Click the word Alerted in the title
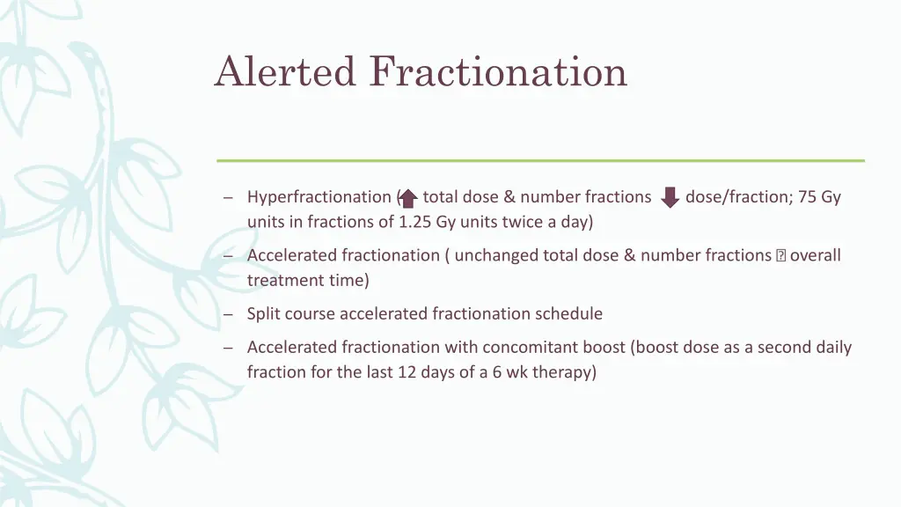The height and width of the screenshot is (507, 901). pyautogui.click(x=285, y=71)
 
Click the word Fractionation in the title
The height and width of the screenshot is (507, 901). pyautogui.click(x=498, y=71)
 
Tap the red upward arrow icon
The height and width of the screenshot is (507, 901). pyautogui.click(x=408, y=198)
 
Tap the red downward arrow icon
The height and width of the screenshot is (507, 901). pyautogui.click(x=670, y=197)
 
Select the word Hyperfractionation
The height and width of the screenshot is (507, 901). pyautogui.click(x=319, y=197)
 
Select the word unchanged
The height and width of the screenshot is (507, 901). pyautogui.click(x=493, y=255)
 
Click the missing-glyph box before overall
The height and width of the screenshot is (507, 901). pyautogui.click(x=780, y=256)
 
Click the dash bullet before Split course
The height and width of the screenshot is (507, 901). pyautogui.click(x=229, y=314)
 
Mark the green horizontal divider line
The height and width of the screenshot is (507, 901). pyautogui.click(x=540, y=161)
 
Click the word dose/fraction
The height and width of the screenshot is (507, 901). pyautogui.click(x=737, y=197)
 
